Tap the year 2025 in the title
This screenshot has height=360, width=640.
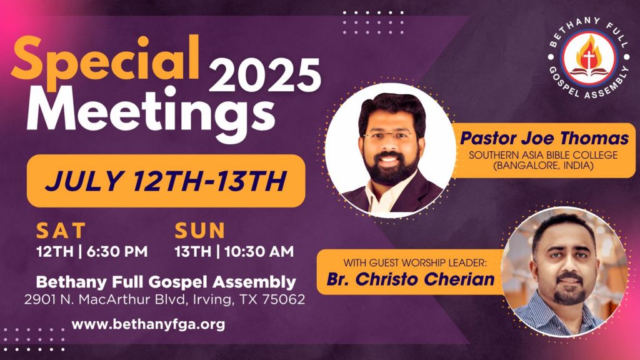265,75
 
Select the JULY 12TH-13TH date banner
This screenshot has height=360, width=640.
166,181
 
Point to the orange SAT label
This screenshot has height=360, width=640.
61,231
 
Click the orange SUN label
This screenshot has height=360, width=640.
199,231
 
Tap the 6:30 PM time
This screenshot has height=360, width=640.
117,251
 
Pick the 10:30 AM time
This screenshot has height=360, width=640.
259,251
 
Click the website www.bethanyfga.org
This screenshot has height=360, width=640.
148,324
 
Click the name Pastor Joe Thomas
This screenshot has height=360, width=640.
544,138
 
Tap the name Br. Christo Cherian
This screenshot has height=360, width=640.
411,279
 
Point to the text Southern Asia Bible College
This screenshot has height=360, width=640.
543,155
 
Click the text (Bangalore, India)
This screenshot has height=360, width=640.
543,166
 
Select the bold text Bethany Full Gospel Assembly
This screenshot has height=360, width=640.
166,282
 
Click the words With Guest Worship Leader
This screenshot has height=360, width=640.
415,262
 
